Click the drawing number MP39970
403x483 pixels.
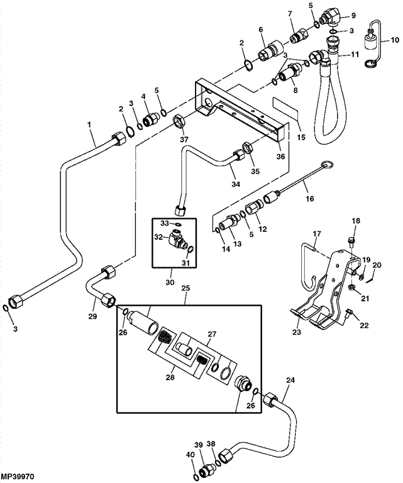click(17, 477)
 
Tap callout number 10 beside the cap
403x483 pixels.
click(394, 40)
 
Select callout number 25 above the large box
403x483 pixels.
click(186, 288)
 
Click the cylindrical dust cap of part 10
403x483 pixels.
click(371, 42)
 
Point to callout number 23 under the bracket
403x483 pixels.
click(297, 332)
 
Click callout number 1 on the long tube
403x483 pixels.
click(89, 125)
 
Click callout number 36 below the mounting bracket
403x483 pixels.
click(280, 157)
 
